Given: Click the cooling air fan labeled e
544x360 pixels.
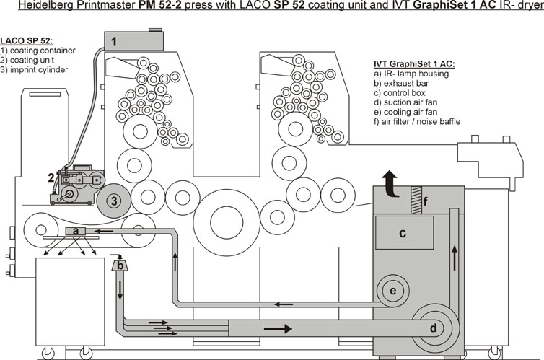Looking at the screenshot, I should tap(392, 290).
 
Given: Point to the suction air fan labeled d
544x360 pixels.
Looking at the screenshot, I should tap(432, 328).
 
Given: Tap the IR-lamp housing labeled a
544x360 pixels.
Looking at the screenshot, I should tap(75, 230).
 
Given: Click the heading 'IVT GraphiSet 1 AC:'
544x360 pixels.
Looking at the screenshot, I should tap(408, 63).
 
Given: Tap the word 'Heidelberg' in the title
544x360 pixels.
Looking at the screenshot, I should tap(30, 6).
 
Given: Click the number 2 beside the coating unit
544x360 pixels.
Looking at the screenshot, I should tap(51, 177).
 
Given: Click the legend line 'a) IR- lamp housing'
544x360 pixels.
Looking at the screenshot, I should tap(405, 74).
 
